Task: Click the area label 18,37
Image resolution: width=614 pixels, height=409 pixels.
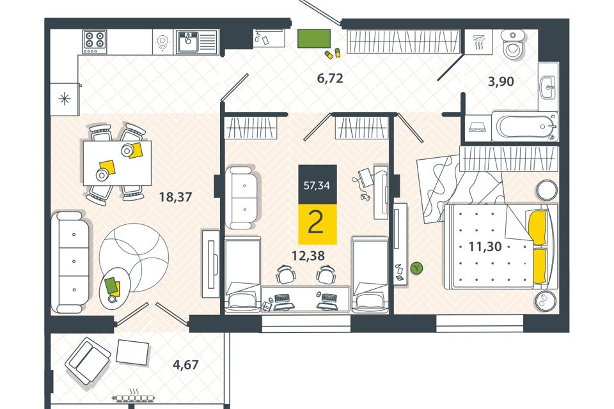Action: coord(175,196)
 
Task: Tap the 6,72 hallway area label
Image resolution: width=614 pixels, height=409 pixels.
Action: coord(330,78)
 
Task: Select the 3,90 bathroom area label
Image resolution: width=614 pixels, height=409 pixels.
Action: coord(501,82)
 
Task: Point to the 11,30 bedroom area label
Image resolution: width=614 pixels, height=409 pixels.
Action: coord(485,247)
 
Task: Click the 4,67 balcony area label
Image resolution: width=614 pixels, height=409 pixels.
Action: coord(185,365)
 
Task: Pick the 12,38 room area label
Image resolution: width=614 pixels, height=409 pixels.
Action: coord(308,256)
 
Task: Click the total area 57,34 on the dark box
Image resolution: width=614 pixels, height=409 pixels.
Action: coord(317,185)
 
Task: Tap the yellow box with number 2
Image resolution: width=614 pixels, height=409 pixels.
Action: coord(318,224)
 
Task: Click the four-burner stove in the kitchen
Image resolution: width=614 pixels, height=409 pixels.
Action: coord(95,42)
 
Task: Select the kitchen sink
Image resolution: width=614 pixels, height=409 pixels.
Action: coord(196,42)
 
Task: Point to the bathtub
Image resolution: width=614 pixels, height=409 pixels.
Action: coord(524,127)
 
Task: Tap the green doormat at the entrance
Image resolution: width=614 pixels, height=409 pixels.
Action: coord(314,38)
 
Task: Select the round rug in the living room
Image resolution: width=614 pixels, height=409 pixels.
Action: coord(134,258)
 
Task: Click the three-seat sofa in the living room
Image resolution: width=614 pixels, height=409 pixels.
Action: coord(70,262)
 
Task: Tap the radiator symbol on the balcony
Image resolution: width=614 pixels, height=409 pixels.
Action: coord(134,397)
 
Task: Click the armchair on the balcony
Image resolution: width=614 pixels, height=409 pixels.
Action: coord(88,361)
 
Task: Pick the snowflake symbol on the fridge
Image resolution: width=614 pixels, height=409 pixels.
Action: coord(64,99)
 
